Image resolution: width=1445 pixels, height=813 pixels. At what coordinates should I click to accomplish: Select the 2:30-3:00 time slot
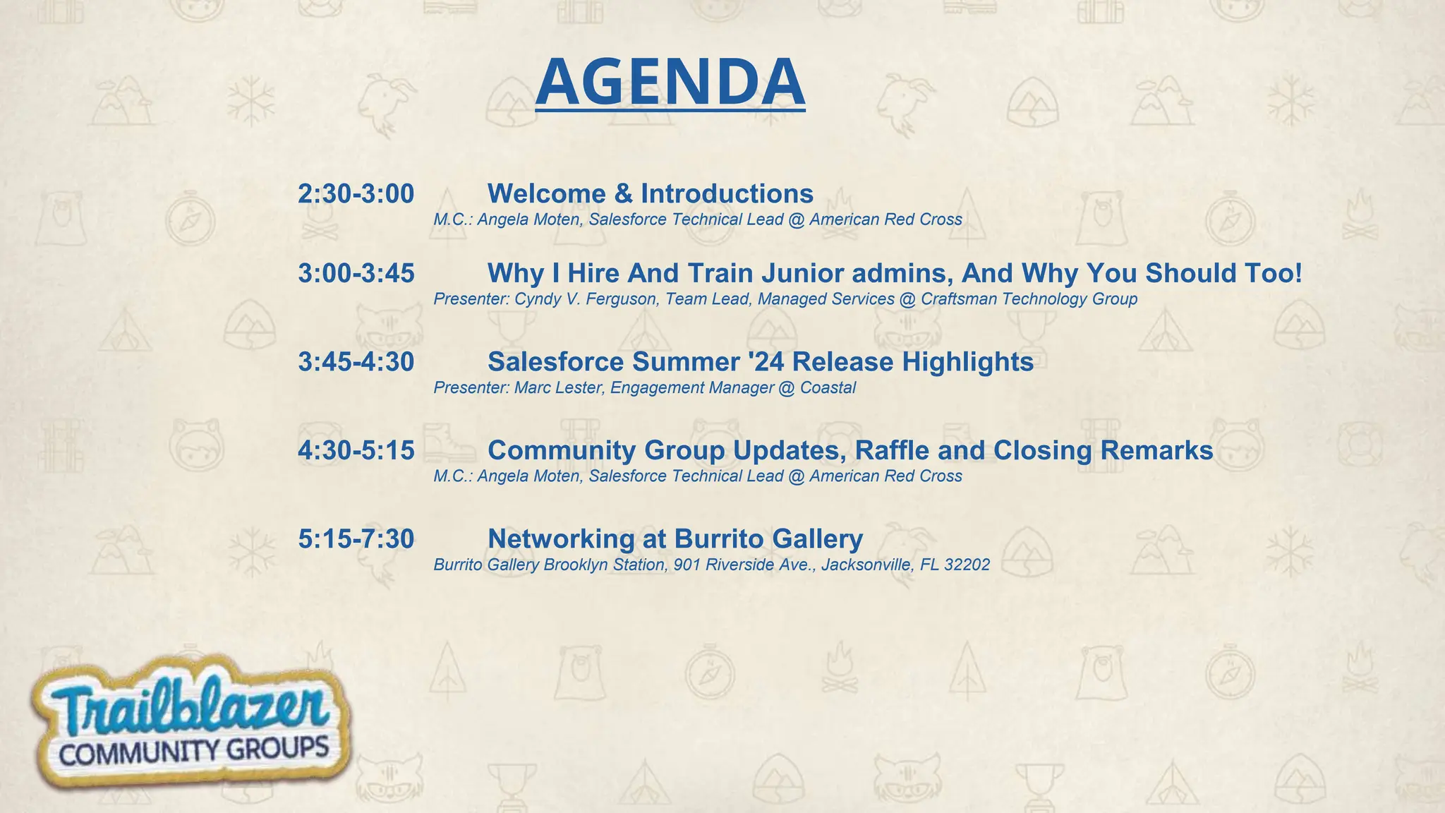tap(356, 194)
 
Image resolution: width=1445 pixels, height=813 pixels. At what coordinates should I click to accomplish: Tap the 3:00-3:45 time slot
tap(356, 274)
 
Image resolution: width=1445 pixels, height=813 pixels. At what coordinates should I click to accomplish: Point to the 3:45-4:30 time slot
tap(356, 362)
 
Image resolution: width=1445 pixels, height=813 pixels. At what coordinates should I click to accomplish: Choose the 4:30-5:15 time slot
tap(356, 451)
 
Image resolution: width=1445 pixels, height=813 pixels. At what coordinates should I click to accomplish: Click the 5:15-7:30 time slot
tap(356, 539)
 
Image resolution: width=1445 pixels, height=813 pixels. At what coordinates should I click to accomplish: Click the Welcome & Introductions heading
tap(650, 194)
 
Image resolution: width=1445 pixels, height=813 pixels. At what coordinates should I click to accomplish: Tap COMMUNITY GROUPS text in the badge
tap(194, 751)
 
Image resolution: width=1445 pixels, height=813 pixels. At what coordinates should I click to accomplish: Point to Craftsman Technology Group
tap(1029, 299)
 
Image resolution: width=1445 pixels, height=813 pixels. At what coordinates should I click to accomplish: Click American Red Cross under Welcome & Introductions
tap(885, 219)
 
